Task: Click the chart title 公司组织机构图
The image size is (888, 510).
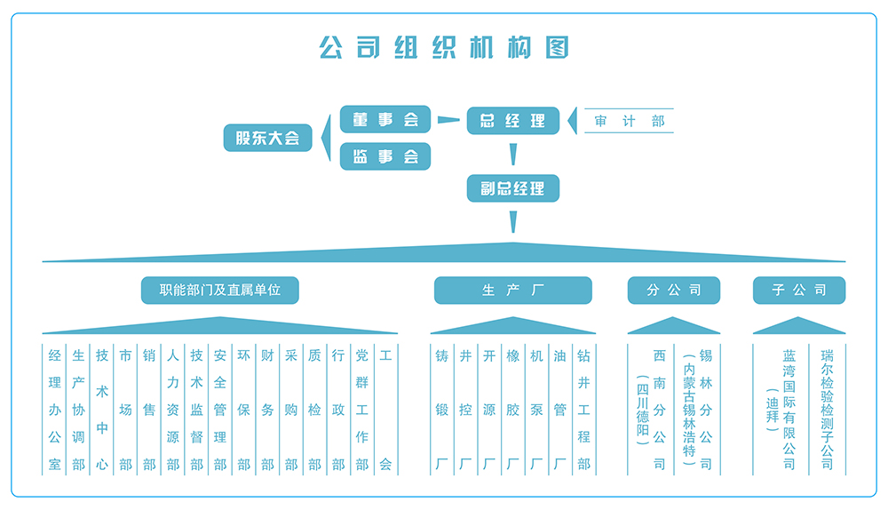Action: (x=443, y=46)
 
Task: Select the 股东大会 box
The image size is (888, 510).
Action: (x=267, y=138)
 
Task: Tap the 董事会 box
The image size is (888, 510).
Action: (x=385, y=119)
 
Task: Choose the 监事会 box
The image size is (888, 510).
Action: (x=385, y=156)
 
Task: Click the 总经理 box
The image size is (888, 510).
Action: (x=512, y=120)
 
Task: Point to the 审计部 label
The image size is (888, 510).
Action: (x=630, y=121)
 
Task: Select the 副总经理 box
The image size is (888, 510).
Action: (x=512, y=188)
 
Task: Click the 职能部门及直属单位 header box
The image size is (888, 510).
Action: (x=219, y=290)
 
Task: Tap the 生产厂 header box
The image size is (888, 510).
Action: (x=512, y=290)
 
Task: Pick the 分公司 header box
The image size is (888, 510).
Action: (x=673, y=290)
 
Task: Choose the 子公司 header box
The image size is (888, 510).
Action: (x=798, y=290)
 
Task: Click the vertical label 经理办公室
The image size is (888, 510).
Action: (x=55, y=410)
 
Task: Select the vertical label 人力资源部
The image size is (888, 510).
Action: (x=173, y=410)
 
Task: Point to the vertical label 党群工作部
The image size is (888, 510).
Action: (x=361, y=410)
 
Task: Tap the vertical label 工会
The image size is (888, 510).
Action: (x=385, y=410)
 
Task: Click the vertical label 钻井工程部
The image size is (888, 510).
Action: (x=583, y=410)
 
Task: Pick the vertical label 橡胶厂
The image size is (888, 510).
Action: (x=512, y=410)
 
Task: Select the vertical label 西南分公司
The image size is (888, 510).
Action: (x=659, y=410)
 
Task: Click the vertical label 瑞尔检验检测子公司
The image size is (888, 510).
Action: (x=828, y=410)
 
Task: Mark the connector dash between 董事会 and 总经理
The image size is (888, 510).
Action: (x=449, y=120)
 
